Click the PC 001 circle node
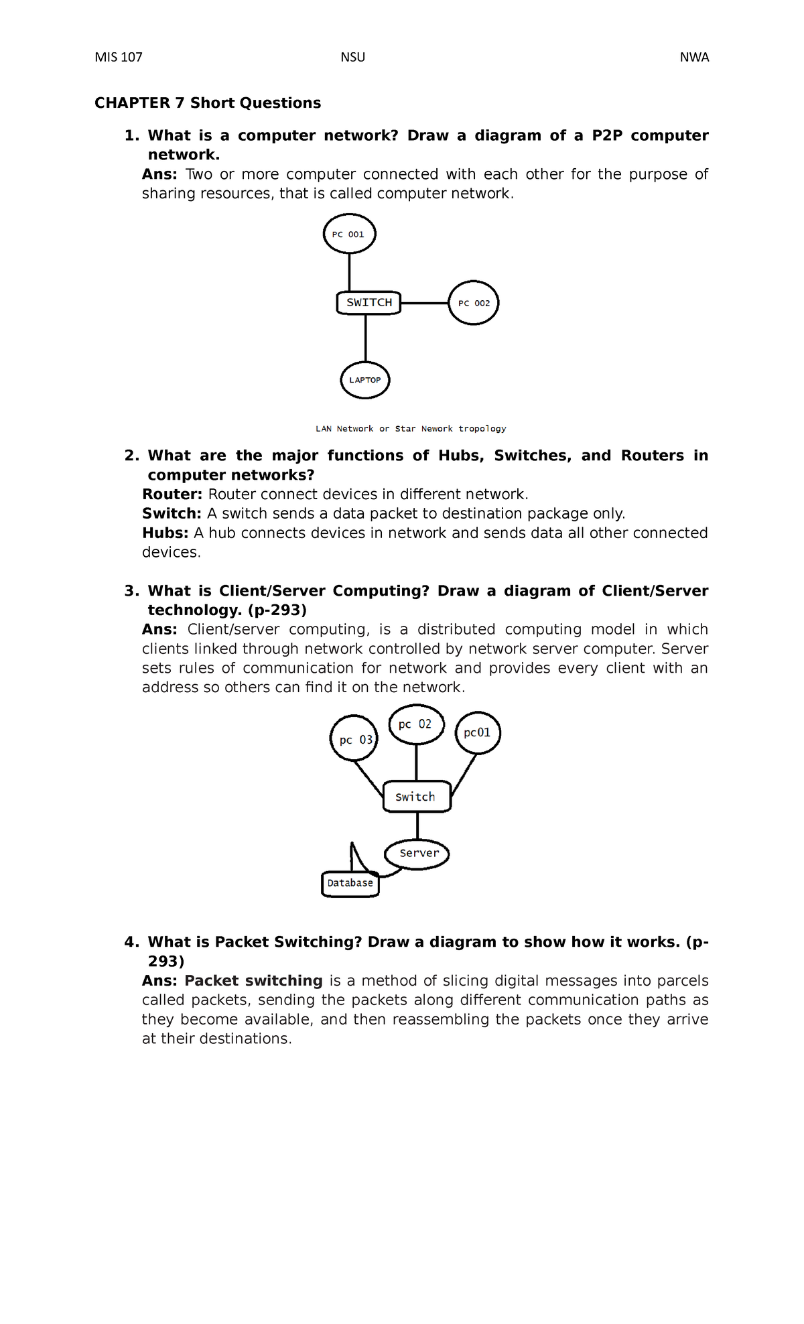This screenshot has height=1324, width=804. coord(349,234)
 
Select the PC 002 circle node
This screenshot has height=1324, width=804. coord(474,303)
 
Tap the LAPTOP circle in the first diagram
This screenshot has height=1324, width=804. coord(365,380)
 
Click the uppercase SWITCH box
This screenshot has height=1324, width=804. coord(368,303)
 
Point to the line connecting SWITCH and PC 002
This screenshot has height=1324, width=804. coord(424,303)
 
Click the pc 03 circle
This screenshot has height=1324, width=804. coord(354,740)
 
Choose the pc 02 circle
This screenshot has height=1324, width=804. coord(416,724)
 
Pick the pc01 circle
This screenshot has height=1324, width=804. coord(478,733)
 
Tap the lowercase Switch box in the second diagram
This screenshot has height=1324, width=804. coord(417,797)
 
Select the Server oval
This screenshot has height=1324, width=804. coord(417,854)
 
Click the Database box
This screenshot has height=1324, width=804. coord(350,884)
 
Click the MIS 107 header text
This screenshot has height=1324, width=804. coord(119,57)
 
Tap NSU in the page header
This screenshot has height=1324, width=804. coord(352,57)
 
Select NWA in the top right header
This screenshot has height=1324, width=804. coord(694,57)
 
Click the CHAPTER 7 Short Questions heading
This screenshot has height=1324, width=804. coord(208,103)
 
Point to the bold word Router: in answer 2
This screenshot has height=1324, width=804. coord(172,494)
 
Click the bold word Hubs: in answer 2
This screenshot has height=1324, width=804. coord(165,533)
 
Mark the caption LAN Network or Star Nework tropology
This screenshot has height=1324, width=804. coord(411,429)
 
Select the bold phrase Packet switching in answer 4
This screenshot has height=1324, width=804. coord(253,981)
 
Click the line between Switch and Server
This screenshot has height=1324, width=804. coord(417,825)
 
